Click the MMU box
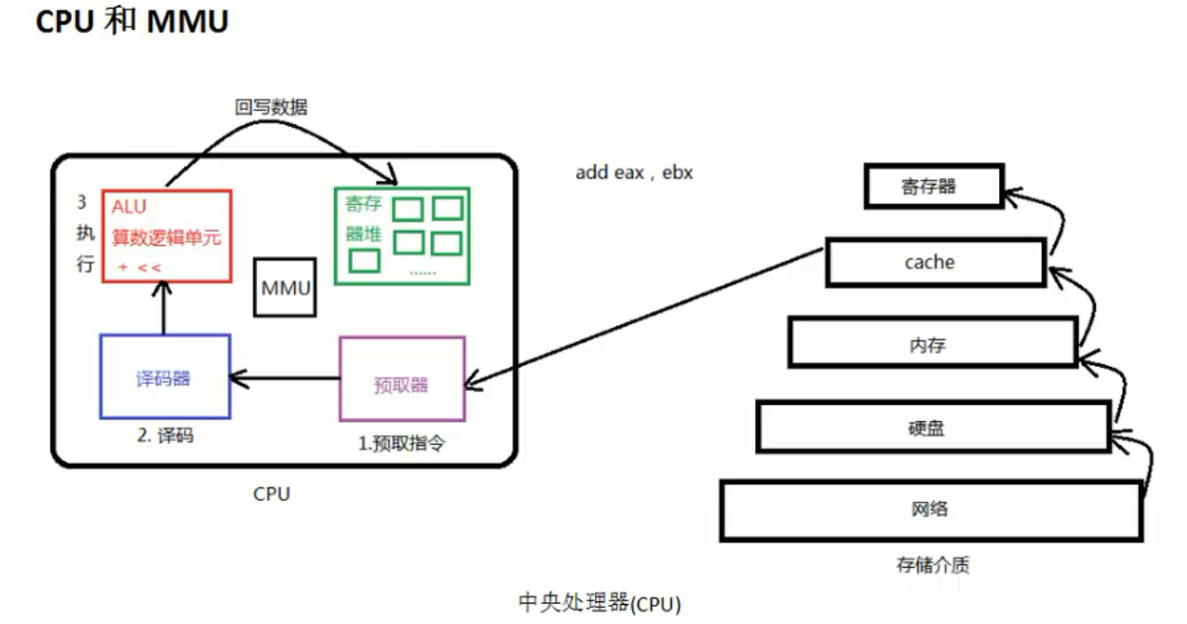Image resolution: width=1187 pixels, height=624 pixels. (285, 287)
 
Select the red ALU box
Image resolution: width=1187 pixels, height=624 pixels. (166, 235)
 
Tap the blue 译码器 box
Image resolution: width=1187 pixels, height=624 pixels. (164, 376)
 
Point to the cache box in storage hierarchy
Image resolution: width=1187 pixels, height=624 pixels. (935, 262)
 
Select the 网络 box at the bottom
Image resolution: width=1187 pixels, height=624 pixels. (929, 509)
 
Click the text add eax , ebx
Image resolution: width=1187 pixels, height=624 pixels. (634, 173)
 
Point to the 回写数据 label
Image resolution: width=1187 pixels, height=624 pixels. (271, 107)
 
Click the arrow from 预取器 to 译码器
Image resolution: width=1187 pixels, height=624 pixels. (285, 379)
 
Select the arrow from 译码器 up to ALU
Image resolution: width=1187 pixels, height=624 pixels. (164, 308)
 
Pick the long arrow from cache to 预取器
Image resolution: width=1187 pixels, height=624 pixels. (645, 318)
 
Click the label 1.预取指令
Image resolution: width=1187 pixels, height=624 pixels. (401, 443)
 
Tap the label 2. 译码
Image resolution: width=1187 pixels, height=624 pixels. (166, 436)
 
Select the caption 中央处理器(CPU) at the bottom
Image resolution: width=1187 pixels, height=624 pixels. (600, 602)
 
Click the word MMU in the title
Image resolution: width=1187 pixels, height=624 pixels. (188, 21)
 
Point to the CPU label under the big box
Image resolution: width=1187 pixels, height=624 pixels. (271, 493)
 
